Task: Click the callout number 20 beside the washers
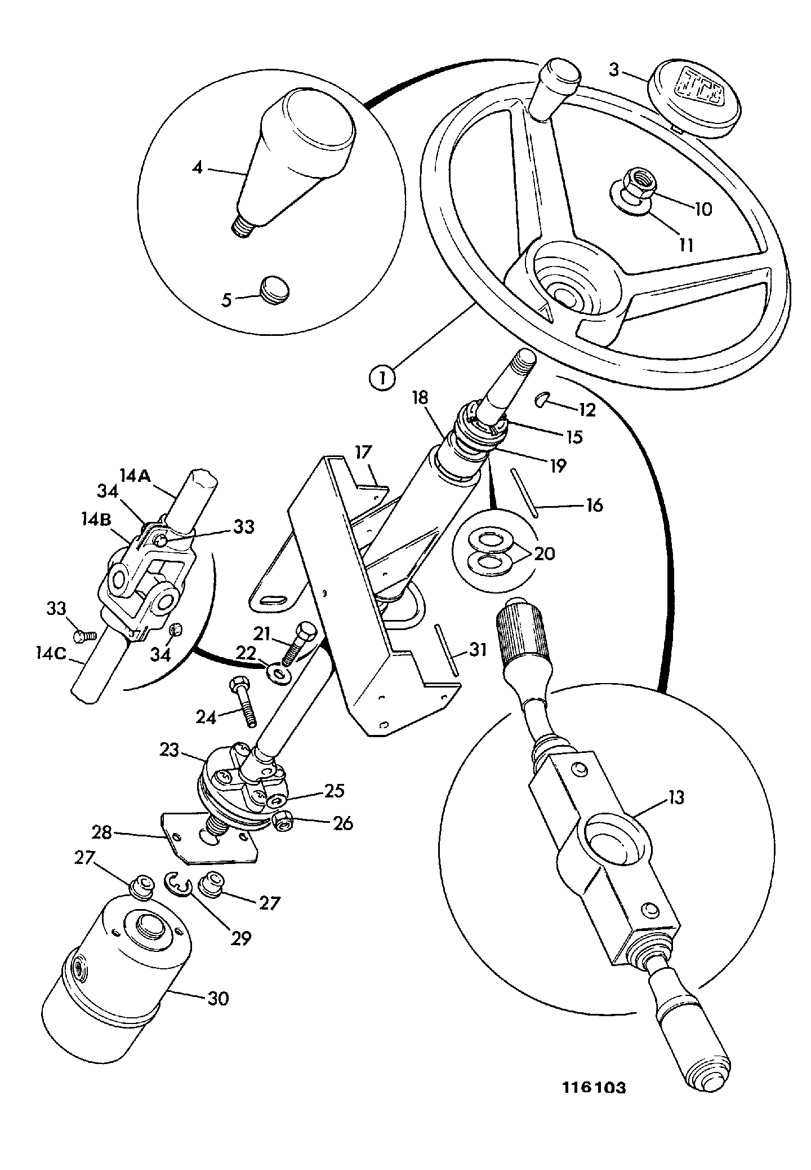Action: coord(544,553)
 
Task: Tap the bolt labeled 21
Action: coord(297,642)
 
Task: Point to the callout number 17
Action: coord(364,452)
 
